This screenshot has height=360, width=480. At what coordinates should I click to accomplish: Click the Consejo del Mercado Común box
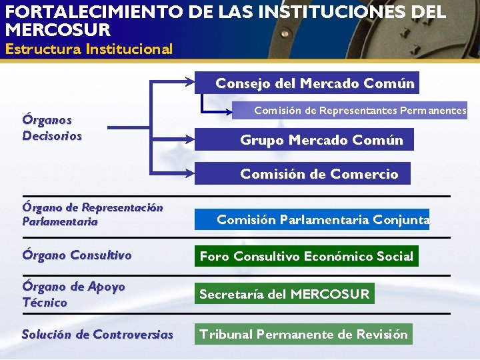pyautogui.click(x=315, y=83)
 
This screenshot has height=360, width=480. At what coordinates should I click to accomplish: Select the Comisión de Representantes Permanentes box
pyautogui.click(x=360, y=110)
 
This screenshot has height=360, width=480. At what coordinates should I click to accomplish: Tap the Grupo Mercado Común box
pyautogui.click(x=321, y=140)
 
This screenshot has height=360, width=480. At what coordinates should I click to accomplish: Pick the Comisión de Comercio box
pyautogui.click(x=319, y=174)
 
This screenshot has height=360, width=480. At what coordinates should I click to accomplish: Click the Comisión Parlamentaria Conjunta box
pyautogui.click(x=323, y=219)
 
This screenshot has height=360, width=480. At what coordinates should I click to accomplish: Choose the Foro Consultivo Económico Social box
pyautogui.click(x=307, y=256)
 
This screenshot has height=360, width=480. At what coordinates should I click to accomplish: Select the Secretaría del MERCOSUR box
pyautogui.click(x=284, y=294)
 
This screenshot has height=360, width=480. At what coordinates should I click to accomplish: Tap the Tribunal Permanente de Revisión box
pyautogui.click(x=303, y=334)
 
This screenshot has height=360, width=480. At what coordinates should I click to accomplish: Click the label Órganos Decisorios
pyautogui.click(x=52, y=127)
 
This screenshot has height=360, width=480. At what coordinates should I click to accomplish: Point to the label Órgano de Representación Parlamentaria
pyautogui.click(x=92, y=214)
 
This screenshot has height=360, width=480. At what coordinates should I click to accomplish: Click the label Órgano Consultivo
pyautogui.click(x=77, y=255)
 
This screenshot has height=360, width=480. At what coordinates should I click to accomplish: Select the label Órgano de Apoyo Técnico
pyautogui.click(x=73, y=294)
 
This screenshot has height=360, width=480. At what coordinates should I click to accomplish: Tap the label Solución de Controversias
pyautogui.click(x=97, y=335)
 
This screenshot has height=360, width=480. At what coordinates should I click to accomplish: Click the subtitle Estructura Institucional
pyautogui.click(x=89, y=49)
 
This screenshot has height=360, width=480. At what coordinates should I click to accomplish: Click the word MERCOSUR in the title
pyautogui.click(x=57, y=30)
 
